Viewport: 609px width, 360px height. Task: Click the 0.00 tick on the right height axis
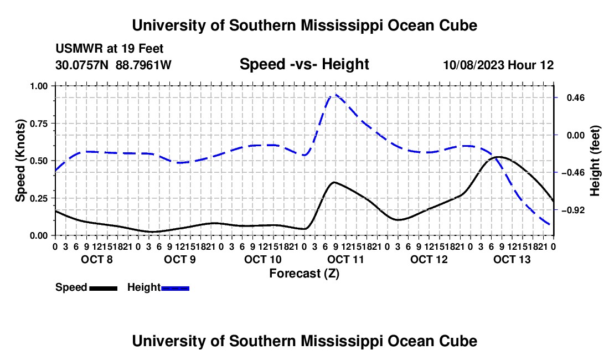(x=576, y=135)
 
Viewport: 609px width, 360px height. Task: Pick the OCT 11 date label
(x=345, y=259)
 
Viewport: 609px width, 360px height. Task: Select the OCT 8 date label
(x=97, y=259)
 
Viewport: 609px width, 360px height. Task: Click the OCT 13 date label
(x=512, y=259)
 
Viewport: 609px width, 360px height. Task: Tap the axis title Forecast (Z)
(x=304, y=274)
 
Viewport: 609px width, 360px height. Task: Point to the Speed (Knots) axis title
(x=20, y=161)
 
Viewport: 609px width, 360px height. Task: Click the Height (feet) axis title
(x=595, y=161)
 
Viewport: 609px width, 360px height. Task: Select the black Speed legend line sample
(x=104, y=288)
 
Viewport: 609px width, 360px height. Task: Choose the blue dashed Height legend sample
(x=175, y=288)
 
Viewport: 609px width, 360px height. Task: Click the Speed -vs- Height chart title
(x=304, y=64)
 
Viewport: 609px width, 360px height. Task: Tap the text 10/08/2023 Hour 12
(x=498, y=65)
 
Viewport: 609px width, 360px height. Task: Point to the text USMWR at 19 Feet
(x=110, y=49)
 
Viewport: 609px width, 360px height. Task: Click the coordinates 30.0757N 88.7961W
(x=113, y=65)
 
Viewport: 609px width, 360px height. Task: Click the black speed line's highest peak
(x=499, y=157)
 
